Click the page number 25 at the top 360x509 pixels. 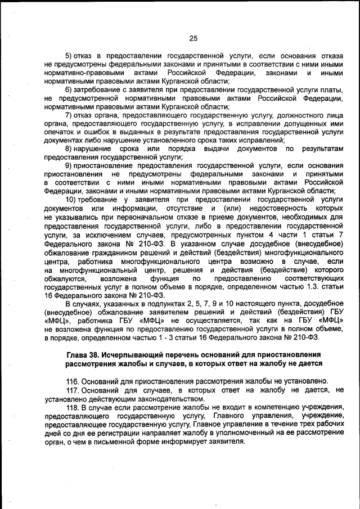(193, 38)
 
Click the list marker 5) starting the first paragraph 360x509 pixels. (70, 57)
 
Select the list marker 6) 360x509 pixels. (70, 90)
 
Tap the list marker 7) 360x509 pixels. (70, 115)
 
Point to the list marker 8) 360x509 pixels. (70, 148)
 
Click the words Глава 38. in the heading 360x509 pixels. (85, 355)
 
